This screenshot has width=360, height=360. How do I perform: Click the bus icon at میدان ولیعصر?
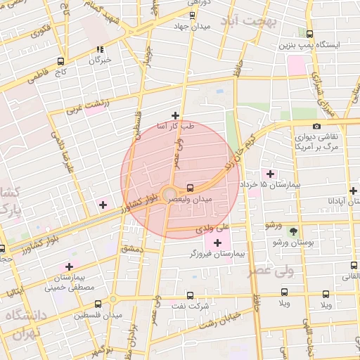[191, 188]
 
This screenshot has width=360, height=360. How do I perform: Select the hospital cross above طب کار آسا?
[175, 115]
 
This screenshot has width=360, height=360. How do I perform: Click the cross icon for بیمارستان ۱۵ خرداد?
[270, 173]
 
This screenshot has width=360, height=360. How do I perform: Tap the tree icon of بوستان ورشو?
[293, 231]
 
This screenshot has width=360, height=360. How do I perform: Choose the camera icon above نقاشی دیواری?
[316, 126]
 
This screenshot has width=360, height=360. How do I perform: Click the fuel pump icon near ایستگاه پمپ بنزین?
[310, 33]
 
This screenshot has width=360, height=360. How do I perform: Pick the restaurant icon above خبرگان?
[100, 49]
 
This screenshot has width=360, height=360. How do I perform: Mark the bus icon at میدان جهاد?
[192, 15]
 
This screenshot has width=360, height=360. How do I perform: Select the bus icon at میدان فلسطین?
[98, 304]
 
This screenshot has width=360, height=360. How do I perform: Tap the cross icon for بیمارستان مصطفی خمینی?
[69, 266]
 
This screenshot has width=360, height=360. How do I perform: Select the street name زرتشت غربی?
[84, 106]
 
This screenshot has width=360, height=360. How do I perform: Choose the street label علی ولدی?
[214, 227]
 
